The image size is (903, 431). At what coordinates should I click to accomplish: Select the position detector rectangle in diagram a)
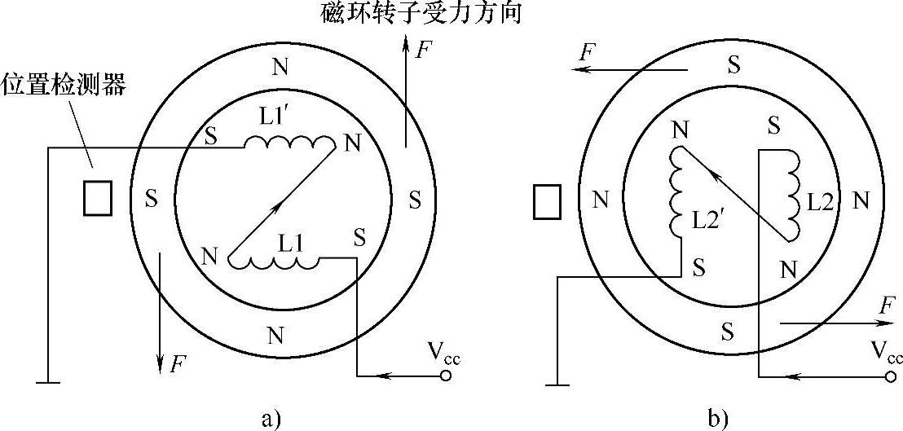coord(98,198)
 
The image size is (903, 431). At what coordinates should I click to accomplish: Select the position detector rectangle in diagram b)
coord(547,201)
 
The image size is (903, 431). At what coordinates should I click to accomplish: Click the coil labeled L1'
coord(290,144)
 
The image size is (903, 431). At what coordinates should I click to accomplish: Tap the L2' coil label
coord(706,220)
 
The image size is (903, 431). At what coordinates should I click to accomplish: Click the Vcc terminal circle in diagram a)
coord(445,376)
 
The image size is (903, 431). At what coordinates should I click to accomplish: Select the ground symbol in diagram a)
coord(48,381)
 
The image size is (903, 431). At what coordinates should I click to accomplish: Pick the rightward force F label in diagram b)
coord(887,306)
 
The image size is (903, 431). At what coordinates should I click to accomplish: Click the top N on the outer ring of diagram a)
coord(280,68)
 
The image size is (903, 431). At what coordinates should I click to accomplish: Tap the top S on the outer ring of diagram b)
coord(734,65)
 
